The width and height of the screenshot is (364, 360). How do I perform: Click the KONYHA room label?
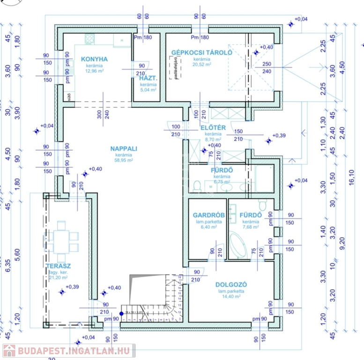tap(94, 59)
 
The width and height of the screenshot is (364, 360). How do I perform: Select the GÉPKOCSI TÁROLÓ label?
tap(201, 52)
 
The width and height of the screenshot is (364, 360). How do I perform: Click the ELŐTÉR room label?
tap(213, 127)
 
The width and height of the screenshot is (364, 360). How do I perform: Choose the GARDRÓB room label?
tap(208, 215)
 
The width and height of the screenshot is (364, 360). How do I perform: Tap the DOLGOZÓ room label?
tap(231, 285)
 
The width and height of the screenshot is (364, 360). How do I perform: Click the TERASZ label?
tap(58, 266)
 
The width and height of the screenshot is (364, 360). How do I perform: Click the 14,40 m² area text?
tap(231, 296)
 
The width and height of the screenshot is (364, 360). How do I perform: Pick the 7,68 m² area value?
tap(250, 227)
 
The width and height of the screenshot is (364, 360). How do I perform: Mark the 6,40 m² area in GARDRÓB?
tap(208, 227)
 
